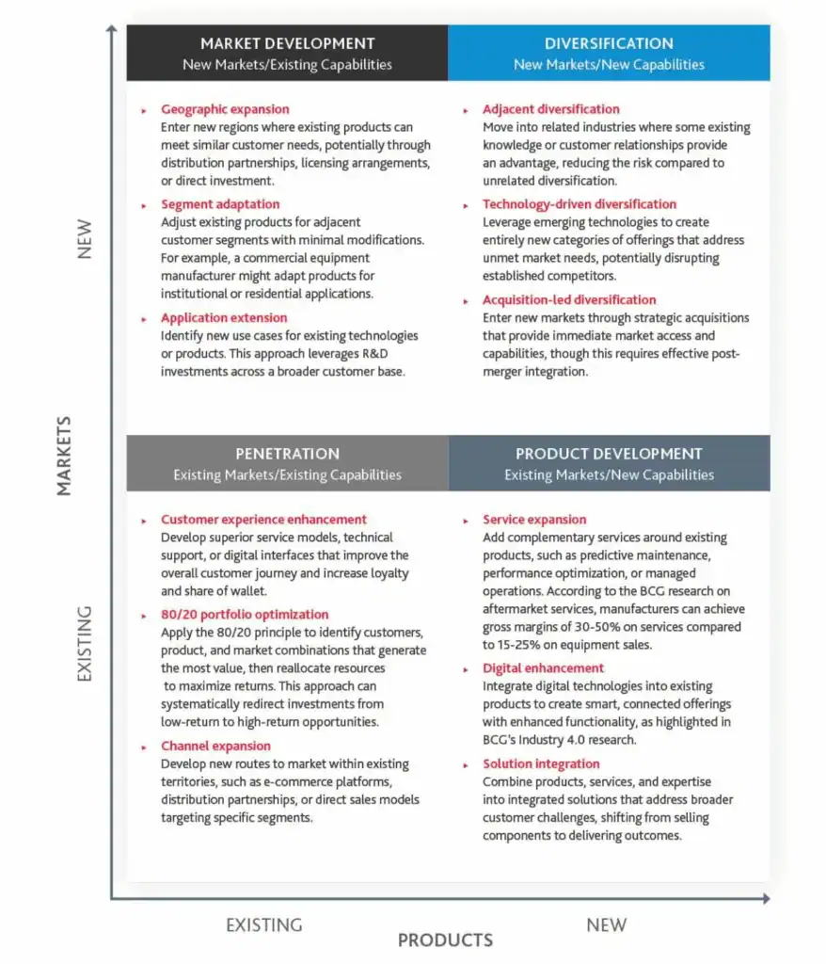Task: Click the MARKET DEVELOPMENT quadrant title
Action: tap(287, 43)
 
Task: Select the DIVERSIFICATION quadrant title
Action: tap(609, 43)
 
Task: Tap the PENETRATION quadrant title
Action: tap(287, 454)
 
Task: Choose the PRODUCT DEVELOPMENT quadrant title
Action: tap(609, 454)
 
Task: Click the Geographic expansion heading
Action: tap(225, 109)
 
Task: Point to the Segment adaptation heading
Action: tap(220, 204)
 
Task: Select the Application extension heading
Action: tap(224, 317)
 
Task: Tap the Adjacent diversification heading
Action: tap(551, 109)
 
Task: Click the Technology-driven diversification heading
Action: tap(580, 204)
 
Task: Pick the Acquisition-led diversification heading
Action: tap(569, 300)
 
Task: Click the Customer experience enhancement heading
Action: tap(263, 520)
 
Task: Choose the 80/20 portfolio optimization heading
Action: tap(245, 615)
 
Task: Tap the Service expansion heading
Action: tap(534, 520)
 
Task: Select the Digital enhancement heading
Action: tap(544, 668)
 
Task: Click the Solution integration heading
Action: tap(541, 763)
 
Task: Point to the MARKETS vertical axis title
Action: tap(64, 458)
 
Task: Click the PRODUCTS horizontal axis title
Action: tap(445, 940)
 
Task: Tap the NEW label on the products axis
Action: tap(606, 924)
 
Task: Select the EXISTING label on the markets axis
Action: tap(85, 643)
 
